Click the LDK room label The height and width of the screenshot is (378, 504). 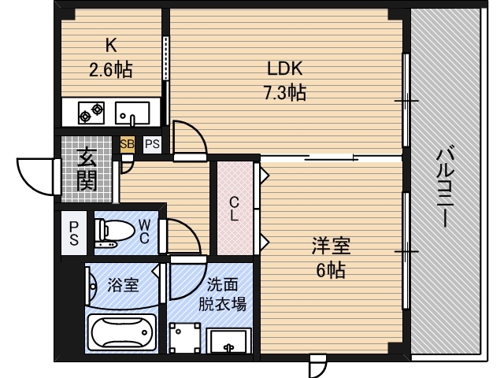coord(283,68)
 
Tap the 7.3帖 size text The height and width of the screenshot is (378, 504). coord(283,93)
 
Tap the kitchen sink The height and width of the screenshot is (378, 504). coord(132,114)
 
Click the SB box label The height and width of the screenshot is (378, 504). coord(127,144)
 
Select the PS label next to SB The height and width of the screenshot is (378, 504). coord(152,144)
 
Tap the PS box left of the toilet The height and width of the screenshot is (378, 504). coord(73,233)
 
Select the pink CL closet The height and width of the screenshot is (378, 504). coord(234,208)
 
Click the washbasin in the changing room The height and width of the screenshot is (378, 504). coord(228,343)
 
